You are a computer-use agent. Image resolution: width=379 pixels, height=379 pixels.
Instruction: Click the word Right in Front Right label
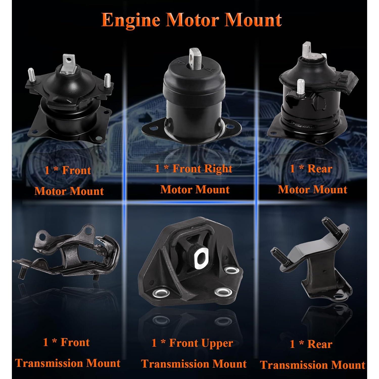[x=219, y=169]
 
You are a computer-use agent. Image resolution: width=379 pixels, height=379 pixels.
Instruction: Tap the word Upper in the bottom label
[x=219, y=343]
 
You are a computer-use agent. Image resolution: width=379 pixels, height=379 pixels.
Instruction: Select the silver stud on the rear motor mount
[x=300, y=87]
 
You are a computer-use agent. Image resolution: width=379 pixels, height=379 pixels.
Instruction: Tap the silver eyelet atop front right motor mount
[x=195, y=56]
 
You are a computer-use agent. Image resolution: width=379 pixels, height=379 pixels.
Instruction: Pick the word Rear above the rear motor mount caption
[x=320, y=169]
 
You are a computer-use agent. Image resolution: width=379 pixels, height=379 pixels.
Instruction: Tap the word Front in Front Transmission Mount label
[x=75, y=342]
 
